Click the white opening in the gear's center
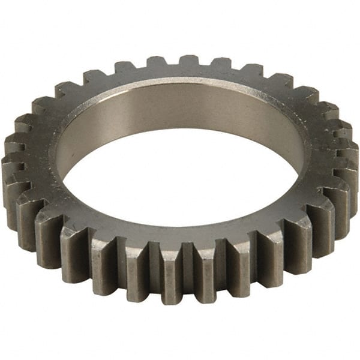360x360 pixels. pos(180,180)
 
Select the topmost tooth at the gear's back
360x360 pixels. pos(188,61)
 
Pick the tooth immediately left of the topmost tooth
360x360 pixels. pos(157,62)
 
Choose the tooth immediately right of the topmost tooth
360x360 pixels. pos(220,63)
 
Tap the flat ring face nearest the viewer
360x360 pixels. pos(180,231)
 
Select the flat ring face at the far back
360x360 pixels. pos(180,78)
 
